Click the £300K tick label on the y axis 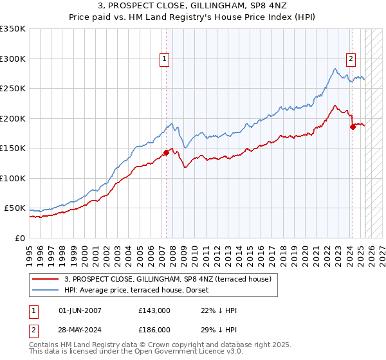tap(13, 59)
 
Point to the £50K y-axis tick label tap(15, 208)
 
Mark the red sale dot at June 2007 tap(166, 152)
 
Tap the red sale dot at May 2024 tap(353, 127)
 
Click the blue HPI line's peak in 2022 tap(336, 68)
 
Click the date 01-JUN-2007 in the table tap(80, 310)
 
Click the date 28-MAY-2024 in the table tap(80, 329)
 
